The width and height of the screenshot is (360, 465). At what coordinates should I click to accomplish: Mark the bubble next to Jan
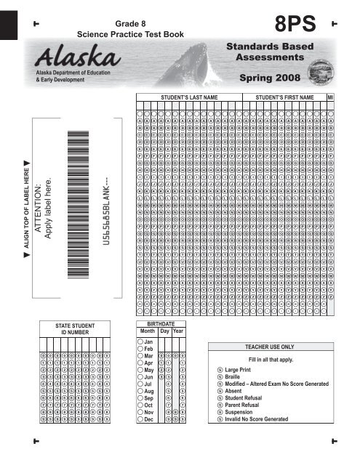click(x=140, y=341)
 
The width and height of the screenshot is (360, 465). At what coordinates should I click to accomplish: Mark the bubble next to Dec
click(x=140, y=420)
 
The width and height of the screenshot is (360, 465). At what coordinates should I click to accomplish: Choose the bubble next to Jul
click(x=140, y=384)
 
